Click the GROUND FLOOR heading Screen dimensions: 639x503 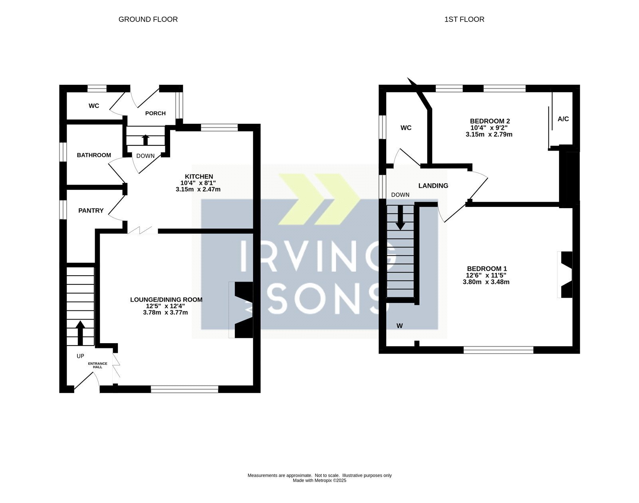[148, 19]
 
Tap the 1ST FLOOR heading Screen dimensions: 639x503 [464, 19]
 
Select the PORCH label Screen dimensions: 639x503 [155, 113]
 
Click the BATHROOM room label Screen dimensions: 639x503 [94, 155]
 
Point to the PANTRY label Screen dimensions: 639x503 [91, 211]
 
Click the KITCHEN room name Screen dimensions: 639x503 [199, 177]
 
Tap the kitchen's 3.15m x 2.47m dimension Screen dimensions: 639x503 [198, 189]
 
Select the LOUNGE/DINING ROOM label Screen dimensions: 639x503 [166, 300]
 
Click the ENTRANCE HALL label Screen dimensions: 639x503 [98, 365]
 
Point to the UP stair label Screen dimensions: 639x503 [80, 356]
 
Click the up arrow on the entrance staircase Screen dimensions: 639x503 [80, 333]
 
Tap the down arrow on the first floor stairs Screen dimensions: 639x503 [400, 218]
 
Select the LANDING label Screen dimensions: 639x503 [433, 186]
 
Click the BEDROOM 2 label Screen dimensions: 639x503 [490, 121]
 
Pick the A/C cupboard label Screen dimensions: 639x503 [563, 119]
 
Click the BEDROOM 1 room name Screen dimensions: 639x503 [487, 269]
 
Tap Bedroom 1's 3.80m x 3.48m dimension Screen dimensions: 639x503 [486, 282]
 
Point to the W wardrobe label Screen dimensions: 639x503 [400, 326]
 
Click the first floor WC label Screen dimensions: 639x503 [406, 128]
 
